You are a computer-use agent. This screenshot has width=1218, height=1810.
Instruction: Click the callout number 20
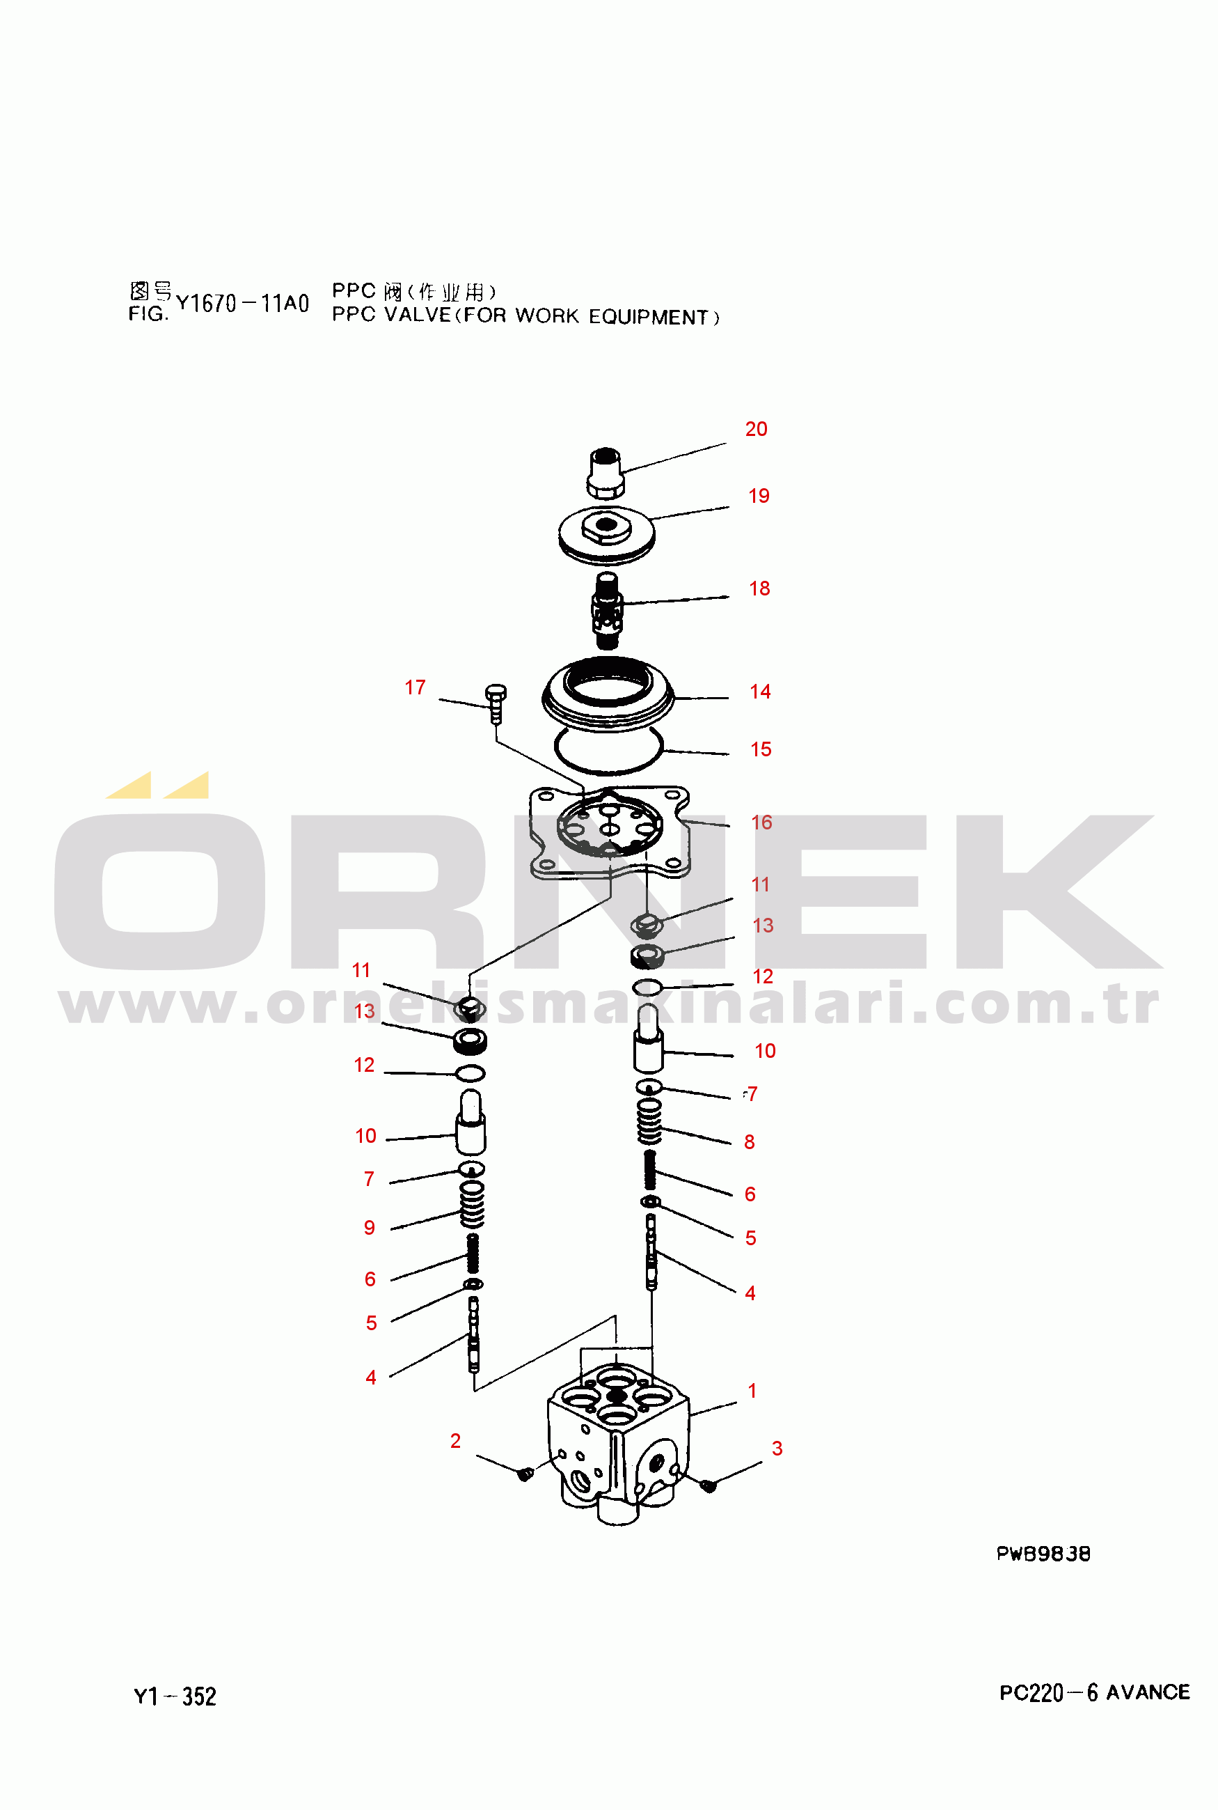point(756,429)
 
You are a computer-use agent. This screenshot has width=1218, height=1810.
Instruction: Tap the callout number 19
point(758,496)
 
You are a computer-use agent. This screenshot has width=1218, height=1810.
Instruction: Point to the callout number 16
point(761,822)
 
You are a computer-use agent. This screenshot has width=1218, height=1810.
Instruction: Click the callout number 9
point(370,1227)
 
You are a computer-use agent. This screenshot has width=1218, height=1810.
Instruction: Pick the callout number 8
point(750,1141)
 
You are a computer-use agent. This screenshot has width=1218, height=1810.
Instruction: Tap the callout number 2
point(455,1441)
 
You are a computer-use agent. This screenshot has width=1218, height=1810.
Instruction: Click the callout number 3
point(777,1448)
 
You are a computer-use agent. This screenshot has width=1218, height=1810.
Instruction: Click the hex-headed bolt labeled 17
point(496,704)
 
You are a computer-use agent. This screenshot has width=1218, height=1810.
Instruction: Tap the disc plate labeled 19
point(607,536)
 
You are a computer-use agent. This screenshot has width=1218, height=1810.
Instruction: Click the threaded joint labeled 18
point(607,611)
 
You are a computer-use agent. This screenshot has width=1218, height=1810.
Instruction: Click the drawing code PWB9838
point(1043,1554)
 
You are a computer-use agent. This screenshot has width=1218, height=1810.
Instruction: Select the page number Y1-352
point(175,1696)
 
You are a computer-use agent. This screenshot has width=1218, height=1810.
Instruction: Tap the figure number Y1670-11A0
point(242,303)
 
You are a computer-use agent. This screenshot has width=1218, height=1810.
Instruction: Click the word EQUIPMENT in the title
point(648,317)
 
